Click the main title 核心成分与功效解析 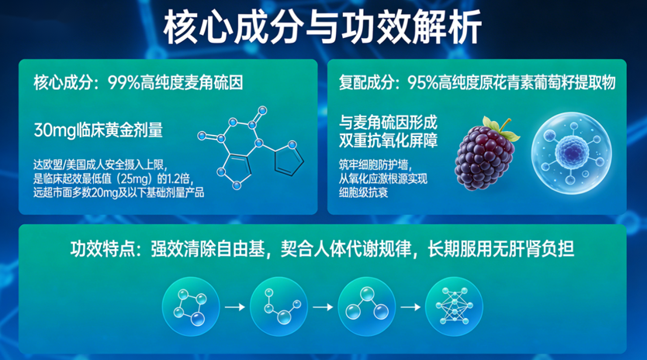coord(322,27)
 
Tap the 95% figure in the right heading coord(423,83)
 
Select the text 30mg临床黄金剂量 coord(99,130)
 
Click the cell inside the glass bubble coord(572,152)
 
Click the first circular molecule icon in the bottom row coord(191,306)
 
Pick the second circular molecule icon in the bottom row coord(279,306)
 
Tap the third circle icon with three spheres coord(366,306)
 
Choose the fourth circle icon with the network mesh coord(454,306)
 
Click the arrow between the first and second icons coord(235,306)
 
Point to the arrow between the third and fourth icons coord(410,306)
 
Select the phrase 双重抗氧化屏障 coord(389,140)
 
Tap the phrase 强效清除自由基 coord(208,249)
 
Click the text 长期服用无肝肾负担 coord(501,249)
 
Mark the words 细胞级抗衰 coord(364,192)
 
